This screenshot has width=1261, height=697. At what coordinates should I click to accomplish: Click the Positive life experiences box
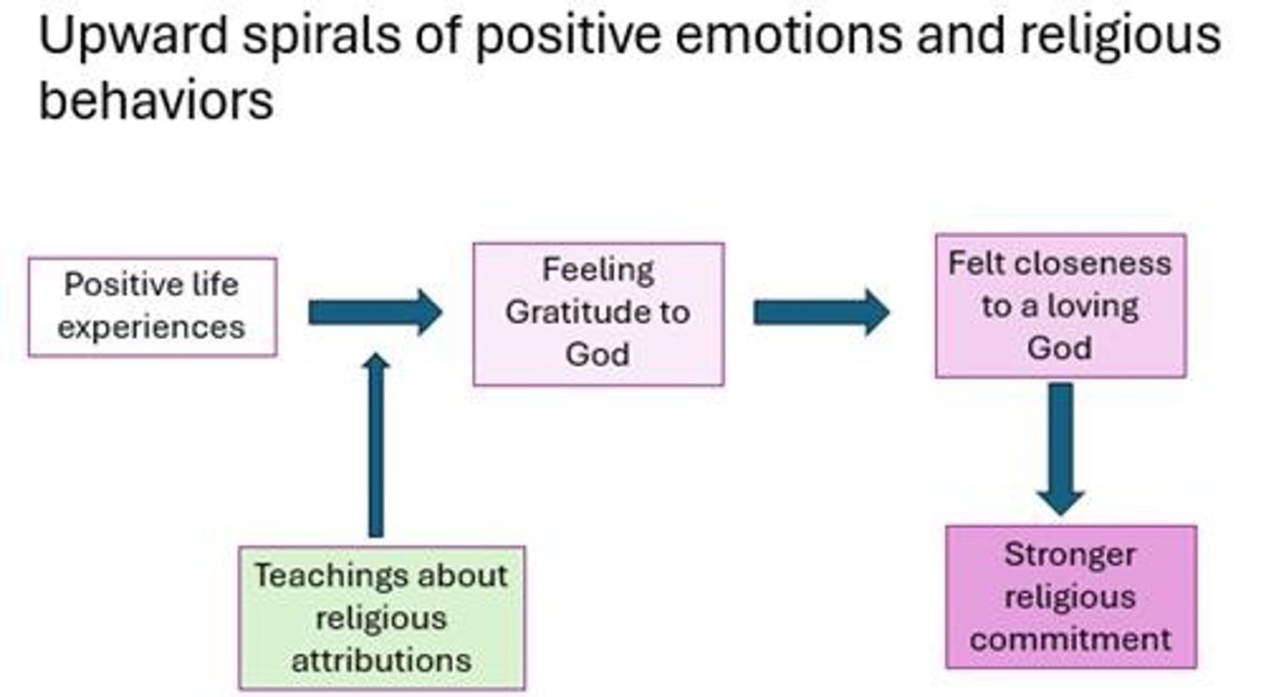pyautogui.click(x=152, y=306)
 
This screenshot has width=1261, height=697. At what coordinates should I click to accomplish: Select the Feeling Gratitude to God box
pyautogui.click(x=598, y=313)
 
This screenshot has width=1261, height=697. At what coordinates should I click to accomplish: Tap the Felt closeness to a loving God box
pyautogui.click(x=1060, y=306)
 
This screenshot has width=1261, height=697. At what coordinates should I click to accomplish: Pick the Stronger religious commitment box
pyautogui.click(x=1070, y=597)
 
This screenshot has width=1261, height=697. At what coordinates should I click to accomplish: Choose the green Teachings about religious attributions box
pyautogui.click(x=382, y=617)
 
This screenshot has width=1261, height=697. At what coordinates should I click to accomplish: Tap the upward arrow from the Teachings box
pyautogui.click(x=376, y=446)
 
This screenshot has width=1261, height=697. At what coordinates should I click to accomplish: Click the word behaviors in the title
pyautogui.click(x=156, y=102)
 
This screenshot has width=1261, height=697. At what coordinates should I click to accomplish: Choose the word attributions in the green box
pyautogui.click(x=381, y=659)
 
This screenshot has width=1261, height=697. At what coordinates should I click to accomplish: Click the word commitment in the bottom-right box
pyautogui.click(x=1070, y=638)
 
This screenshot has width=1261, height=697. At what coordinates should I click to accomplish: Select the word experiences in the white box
pyautogui.click(x=151, y=327)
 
